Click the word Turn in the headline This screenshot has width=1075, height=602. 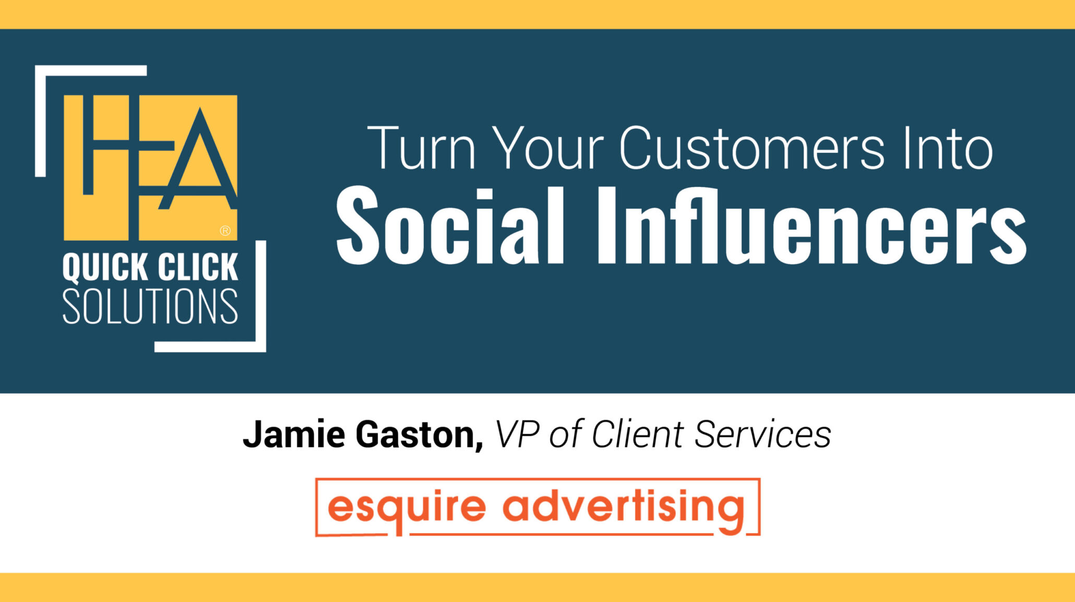tap(421, 148)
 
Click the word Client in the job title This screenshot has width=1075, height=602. tap(637, 434)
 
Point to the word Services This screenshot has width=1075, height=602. tap(762, 434)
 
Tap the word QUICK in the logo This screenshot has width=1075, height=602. tap(105, 268)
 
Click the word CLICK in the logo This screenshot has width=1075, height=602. tap(198, 268)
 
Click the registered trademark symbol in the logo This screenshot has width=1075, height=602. tap(225, 231)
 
